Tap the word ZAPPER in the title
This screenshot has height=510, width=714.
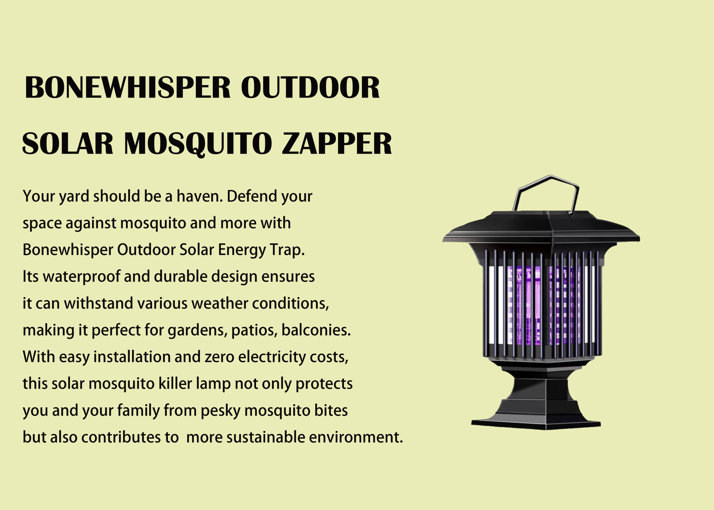pyautogui.click(x=337, y=144)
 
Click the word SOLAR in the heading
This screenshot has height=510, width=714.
pyautogui.click(x=67, y=144)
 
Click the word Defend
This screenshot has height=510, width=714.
pyautogui.click(x=252, y=196)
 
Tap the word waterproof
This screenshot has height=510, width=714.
pyautogui.click(x=81, y=277)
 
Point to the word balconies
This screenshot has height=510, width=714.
pyautogui.click(x=316, y=330)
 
